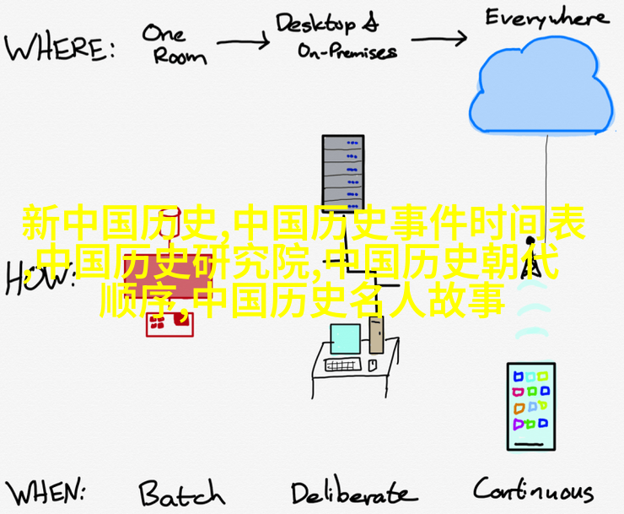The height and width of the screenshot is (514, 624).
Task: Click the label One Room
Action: (x=172, y=44)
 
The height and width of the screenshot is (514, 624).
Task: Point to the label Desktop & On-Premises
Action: (x=337, y=38)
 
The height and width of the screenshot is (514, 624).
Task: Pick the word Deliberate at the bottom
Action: (x=353, y=493)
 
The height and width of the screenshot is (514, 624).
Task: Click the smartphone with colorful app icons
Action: (x=530, y=406)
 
